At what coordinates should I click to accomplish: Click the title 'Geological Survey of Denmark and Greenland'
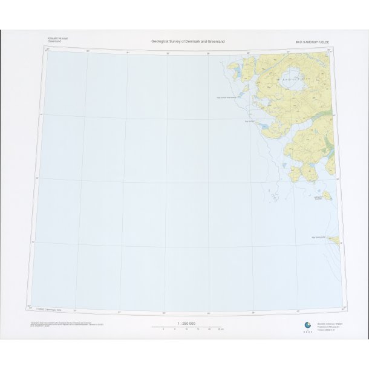tap(188, 41)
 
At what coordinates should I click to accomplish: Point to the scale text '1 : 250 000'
tap(186, 324)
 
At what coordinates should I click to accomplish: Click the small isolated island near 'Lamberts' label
tap(327, 195)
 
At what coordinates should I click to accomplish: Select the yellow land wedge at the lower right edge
tap(333, 240)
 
